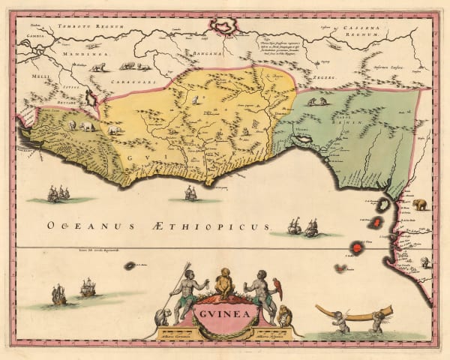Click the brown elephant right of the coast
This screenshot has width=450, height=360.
coord(418,204)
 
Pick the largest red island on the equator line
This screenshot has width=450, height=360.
coord(357,247)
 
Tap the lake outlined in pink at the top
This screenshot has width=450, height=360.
coord(225,28)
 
